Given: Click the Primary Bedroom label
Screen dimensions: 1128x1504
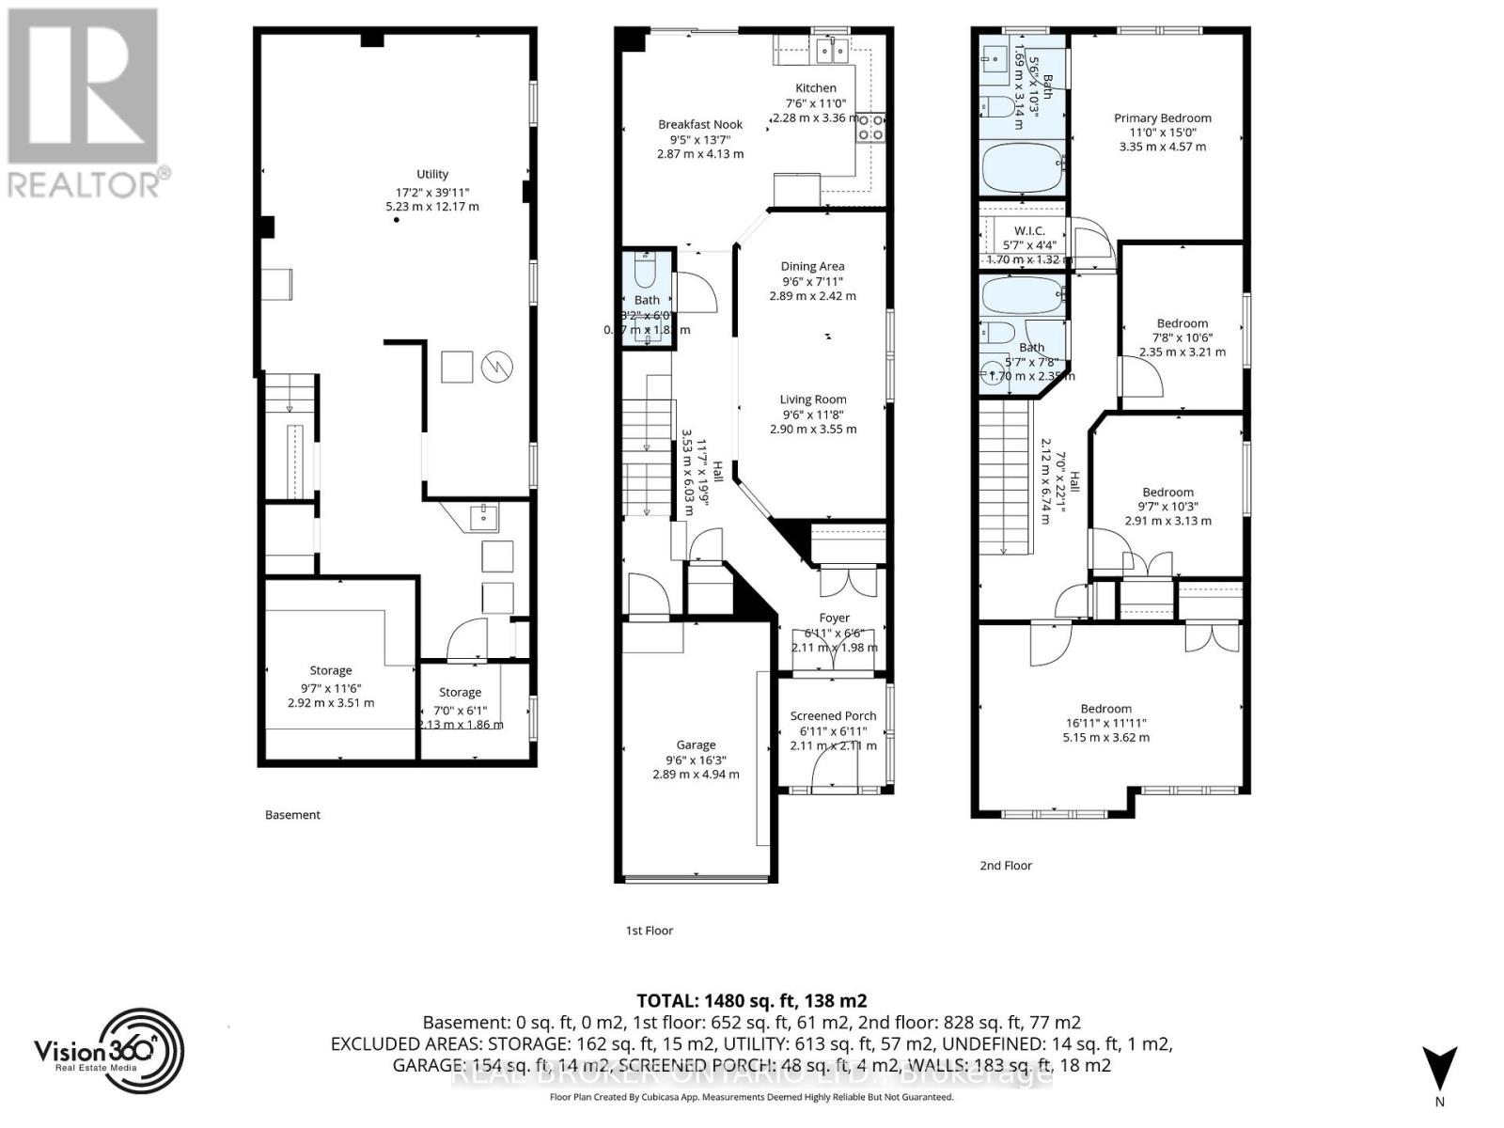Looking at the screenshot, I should (x=1162, y=117).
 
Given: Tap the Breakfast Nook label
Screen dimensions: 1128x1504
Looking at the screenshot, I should (x=700, y=124).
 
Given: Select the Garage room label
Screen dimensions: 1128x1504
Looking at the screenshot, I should (x=696, y=744).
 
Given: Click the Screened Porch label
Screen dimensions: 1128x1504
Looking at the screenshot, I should (x=833, y=716).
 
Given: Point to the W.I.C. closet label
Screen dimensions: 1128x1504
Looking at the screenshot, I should (x=1029, y=230).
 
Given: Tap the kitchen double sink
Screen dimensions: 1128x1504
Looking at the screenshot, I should (x=831, y=50).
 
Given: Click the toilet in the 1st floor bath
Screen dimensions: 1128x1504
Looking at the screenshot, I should (x=646, y=272).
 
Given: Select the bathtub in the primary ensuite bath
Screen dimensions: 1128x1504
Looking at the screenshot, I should (x=1023, y=166).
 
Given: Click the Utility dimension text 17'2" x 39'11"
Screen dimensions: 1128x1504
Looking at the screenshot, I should (x=432, y=191).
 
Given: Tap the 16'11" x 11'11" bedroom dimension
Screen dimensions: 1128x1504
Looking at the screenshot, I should (x=1105, y=723).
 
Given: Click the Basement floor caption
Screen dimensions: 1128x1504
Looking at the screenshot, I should (x=292, y=815).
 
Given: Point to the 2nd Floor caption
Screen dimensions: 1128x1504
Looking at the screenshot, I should (x=1006, y=865).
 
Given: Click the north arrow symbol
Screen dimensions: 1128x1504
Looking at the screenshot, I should (x=1439, y=1070).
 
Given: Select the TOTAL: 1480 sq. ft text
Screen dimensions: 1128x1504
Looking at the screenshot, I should (x=751, y=1000).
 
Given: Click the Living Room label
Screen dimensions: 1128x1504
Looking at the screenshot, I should (x=813, y=399).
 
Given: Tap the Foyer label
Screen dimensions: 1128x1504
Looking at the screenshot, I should (x=834, y=619).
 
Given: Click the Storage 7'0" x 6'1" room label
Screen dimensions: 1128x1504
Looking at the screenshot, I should (x=460, y=693).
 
